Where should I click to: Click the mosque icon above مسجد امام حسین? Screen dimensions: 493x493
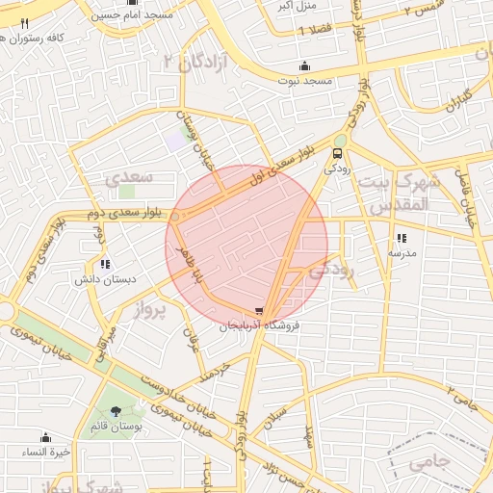coord(132,3)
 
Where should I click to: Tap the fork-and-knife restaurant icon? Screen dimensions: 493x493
coord(25,22)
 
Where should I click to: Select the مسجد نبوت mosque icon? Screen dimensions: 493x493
coord(304,65)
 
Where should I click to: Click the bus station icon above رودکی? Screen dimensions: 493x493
coord(337,152)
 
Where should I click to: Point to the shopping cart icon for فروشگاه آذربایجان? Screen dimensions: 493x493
coord(258,311)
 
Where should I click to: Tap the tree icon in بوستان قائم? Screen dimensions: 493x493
coord(117,412)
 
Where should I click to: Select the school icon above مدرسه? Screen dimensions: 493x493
coord(401,238)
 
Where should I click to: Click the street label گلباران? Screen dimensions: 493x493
coord(452,99)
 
